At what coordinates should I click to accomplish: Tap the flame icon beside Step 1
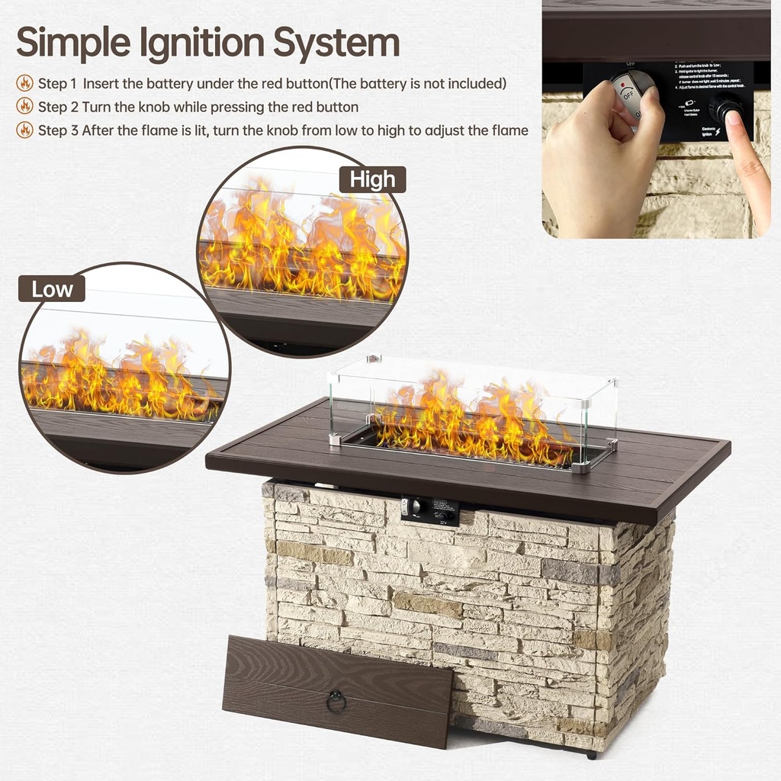point(25,83)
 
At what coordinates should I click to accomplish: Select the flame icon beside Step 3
point(25,130)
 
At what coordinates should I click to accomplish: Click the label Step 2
point(58,107)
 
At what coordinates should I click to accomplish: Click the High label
point(373,180)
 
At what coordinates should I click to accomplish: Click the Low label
point(52,289)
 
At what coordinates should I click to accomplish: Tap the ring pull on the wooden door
point(336,701)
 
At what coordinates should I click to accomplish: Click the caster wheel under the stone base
point(591,755)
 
